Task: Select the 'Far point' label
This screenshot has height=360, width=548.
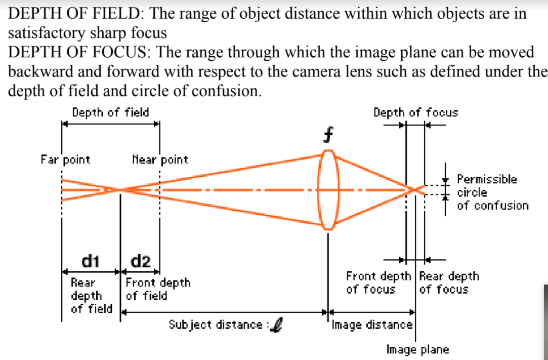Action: tap(65, 160)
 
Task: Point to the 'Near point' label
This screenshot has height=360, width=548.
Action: tap(160, 160)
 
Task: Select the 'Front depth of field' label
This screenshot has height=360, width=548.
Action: tap(158, 289)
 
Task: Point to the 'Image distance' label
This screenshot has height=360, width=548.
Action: tap(372, 324)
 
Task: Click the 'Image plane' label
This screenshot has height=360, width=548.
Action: tap(417, 349)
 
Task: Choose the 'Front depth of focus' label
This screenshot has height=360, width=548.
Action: tap(378, 283)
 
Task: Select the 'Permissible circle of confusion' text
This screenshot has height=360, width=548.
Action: tap(492, 192)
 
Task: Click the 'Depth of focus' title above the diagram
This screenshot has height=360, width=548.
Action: tap(415, 112)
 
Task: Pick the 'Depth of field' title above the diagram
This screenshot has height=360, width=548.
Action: tap(110, 112)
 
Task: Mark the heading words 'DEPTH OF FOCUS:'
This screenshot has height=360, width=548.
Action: tap(82, 52)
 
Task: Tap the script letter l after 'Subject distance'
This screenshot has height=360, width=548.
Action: tap(276, 325)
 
